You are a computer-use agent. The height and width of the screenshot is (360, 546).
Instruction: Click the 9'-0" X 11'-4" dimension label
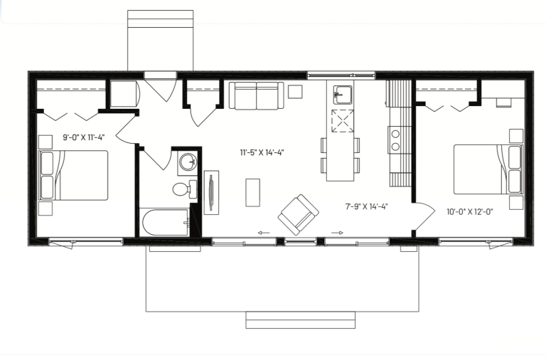pos(84,137)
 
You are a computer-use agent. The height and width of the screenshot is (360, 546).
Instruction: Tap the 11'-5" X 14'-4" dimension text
pos(262,152)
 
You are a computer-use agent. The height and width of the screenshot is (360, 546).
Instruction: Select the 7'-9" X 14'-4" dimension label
pos(367,206)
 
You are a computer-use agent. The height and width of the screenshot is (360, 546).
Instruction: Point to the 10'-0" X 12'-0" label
pos(470,212)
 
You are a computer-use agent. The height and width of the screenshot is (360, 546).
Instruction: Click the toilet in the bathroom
pos(185,189)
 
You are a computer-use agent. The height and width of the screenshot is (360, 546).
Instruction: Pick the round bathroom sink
pos(188,162)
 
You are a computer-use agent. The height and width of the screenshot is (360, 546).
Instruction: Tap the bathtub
pos(166,223)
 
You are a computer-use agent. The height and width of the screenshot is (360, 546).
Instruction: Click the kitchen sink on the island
pos(343,95)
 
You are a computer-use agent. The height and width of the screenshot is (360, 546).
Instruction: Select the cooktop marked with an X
pos(343,121)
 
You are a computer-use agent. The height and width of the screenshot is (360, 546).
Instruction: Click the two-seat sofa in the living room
pos(257,95)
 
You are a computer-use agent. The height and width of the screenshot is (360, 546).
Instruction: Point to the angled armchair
pos(299,214)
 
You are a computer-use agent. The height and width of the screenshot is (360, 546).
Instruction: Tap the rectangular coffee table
pos(253,193)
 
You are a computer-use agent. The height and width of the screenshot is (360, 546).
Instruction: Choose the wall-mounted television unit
pos(211,192)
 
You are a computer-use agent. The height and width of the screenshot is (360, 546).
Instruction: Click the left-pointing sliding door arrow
pos(264,233)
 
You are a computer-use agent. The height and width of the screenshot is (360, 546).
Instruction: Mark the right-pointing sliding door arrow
pos(337,233)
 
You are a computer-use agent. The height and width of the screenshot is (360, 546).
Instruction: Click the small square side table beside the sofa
pos(295,92)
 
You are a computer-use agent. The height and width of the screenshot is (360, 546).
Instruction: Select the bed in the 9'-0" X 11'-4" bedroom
pos(73,175)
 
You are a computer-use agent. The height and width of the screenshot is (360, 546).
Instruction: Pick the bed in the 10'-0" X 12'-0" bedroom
pos(488,169)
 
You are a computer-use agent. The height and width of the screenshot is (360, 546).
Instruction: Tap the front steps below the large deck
pos(301,320)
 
